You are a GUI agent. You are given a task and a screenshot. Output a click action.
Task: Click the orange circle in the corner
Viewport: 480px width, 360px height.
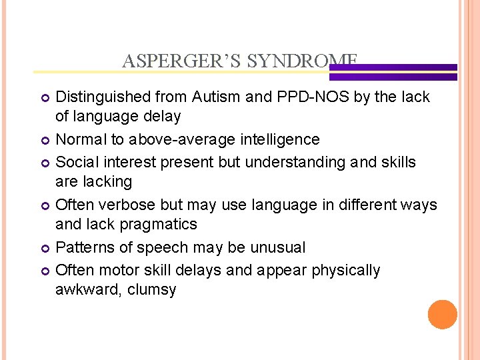pyautogui.click(x=442, y=314)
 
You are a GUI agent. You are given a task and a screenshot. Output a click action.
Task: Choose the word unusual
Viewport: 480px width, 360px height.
pyautogui.click(x=277, y=247)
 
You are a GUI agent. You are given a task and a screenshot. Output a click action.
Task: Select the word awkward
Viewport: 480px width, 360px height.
pyautogui.click(x=82, y=289)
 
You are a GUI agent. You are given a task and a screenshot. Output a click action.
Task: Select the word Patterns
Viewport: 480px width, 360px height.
pyautogui.click(x=80, y=247)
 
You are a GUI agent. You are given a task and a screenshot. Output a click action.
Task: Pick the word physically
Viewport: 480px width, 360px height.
pyautogui.click(x=347, y=270)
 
